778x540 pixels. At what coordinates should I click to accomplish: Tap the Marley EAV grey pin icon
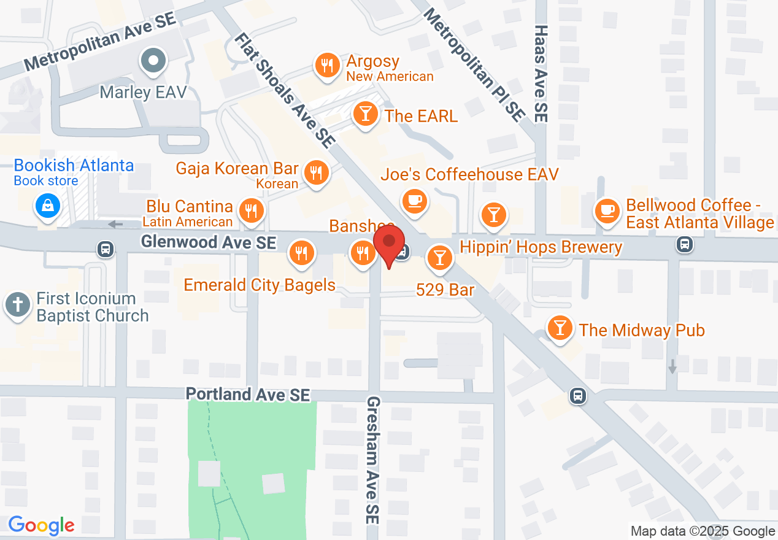tap(153, 61)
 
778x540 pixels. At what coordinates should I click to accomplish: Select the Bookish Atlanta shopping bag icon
tap(47, 206)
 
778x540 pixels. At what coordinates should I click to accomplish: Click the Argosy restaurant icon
tap(328, 66)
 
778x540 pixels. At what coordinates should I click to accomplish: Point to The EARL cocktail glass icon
tap(366, 114)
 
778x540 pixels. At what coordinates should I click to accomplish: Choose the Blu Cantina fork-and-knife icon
tap(250, 210)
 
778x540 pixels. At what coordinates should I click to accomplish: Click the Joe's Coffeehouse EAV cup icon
tap(414, 200)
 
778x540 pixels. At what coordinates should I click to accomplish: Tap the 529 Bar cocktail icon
tap(439, 258)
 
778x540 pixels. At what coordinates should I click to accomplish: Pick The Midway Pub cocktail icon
tap(560, 328)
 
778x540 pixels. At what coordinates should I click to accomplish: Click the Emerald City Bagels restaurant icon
tap(301, 252)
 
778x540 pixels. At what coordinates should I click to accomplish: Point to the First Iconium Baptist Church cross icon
tap(18, 305)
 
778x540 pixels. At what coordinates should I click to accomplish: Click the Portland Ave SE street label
tap(248, 394)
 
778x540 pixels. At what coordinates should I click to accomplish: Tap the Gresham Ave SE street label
tap(373, 460)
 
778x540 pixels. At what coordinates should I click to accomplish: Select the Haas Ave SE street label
tap(541, 72)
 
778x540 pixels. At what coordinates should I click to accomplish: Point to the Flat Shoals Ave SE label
tap(283, 90)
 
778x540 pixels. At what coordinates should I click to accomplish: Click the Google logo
tap(41, 525)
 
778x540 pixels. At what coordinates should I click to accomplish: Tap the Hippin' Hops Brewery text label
tap(541, 247)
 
